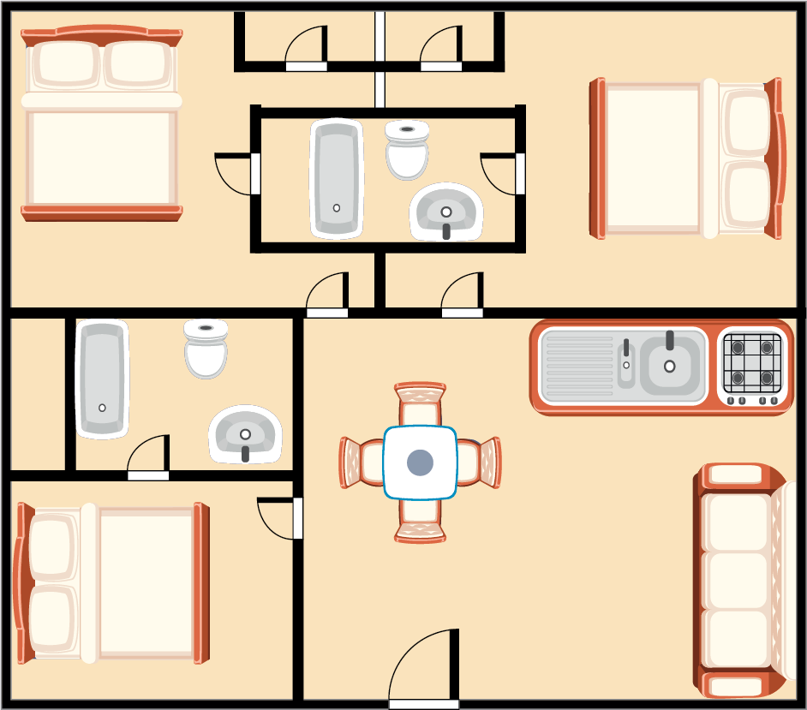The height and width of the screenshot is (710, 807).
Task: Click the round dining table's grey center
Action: click(420, 462)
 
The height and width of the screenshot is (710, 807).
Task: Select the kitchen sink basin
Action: click(670, 365)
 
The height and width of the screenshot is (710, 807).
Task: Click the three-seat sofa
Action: click(738, 581)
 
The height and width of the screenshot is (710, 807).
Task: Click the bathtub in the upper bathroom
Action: click(337, 178)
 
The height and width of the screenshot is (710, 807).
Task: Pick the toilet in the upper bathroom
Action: click(407, 149)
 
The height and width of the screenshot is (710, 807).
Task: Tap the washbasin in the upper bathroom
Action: click(445, 212)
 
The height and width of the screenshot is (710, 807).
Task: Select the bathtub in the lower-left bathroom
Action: click(102, 379)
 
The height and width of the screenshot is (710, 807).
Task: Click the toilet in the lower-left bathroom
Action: click(206, 349)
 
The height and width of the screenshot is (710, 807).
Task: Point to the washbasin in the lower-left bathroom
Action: click(245, 434)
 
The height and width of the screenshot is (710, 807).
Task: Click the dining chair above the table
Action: click(420, 403)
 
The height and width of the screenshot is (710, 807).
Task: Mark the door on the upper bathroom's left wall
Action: click(236, 174)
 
